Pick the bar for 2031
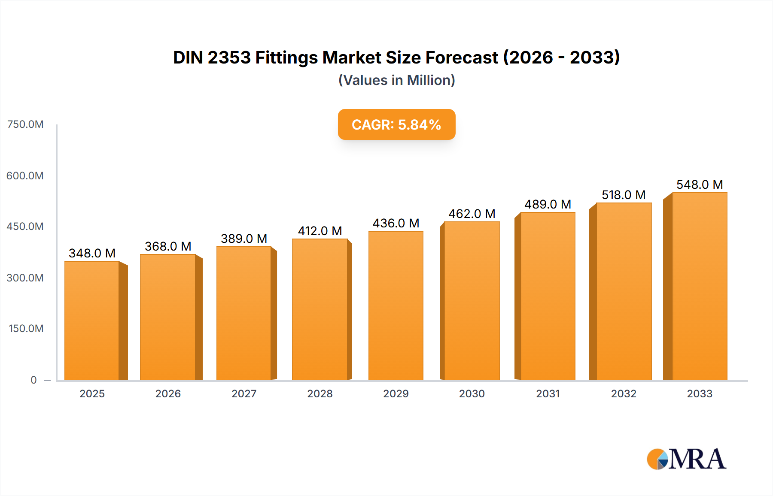(x=548, y=296)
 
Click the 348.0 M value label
(x=92, y=253)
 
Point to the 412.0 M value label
(x=320, y=231)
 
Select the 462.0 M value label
(x=472, y=214)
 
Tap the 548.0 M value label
(x=700, y=184)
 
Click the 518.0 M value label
(x=624, y=195)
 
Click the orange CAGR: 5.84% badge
(x=396, y=124)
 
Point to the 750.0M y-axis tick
(x=25, y=124)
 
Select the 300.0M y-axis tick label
(x=25, y=278)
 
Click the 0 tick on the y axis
(x=33, y=380)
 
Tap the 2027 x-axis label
(x=244, y=393)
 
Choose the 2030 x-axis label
(x=472, y=393)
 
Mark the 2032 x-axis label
(x=624, y=393)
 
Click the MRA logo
(x=686, y=459)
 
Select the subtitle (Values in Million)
(x=396, y=80)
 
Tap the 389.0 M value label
(x=244, y=239)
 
